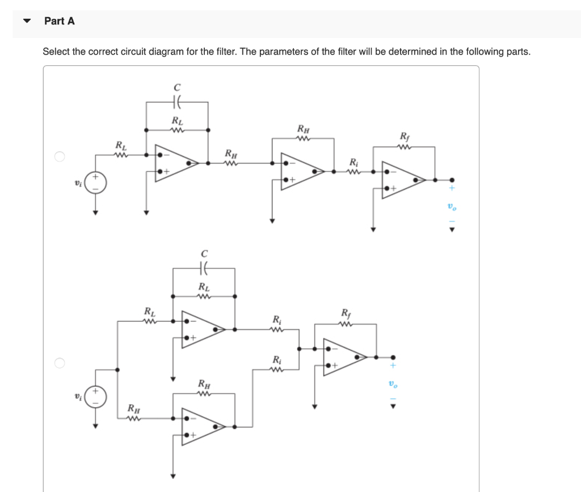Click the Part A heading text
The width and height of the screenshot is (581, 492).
[59, 21]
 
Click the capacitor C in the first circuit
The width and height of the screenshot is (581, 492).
[176, 103]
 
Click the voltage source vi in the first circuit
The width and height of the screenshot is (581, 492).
[95, 184]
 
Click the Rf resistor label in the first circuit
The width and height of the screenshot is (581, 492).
[403, 136]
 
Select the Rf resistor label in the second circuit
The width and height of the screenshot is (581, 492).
[346, 313]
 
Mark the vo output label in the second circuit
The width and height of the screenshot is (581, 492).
[391, 384]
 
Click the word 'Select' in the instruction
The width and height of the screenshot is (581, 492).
[56, 52]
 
